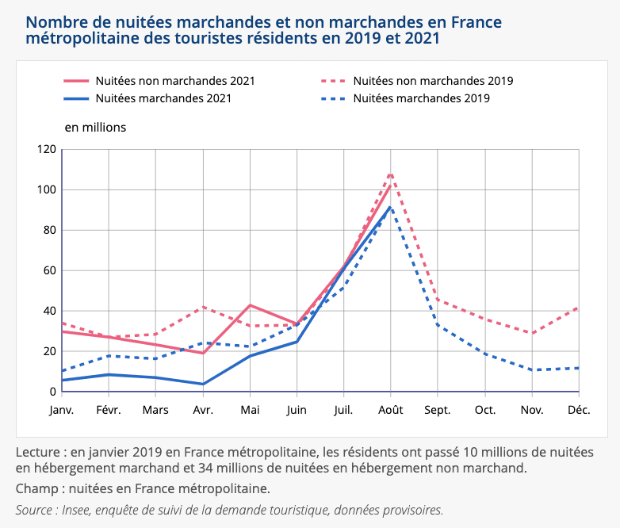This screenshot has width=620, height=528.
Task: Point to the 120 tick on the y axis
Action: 47,149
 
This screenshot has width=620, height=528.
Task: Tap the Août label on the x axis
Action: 390,410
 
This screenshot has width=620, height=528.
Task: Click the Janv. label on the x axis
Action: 62,410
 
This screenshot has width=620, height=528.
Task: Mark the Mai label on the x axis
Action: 251,410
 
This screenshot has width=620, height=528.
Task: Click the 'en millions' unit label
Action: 94,127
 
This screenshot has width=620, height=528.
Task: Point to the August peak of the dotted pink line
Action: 391,174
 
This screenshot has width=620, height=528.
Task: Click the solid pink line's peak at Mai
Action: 251,305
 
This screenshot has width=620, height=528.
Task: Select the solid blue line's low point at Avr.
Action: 204,385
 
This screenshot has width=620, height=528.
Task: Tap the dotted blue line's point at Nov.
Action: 532,370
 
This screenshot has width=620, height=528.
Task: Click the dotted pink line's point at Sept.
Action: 438,300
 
